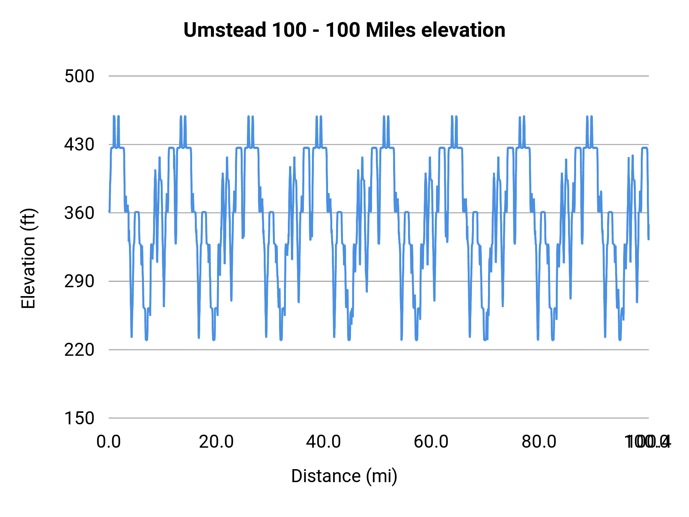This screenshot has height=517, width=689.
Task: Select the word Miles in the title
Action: point(390,30)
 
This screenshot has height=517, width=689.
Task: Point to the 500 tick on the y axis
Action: point(79,76)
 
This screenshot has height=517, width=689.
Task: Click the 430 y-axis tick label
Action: point(79,145)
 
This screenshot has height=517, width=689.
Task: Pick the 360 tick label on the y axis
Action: point(79,213)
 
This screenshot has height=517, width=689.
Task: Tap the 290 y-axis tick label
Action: point(79,281)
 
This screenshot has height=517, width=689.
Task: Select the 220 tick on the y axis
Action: point(79,350)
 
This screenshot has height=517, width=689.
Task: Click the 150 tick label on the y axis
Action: point(79,418)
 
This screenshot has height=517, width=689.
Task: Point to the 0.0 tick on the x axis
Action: point(109,442)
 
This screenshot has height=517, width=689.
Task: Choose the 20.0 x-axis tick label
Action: point(216,442)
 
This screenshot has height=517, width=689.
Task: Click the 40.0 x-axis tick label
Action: point(323,442)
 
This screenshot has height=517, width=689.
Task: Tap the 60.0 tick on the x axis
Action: point(431,442)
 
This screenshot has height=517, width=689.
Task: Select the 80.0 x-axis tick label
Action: point(539,442)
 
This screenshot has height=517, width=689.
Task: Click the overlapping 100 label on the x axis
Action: point(647,442)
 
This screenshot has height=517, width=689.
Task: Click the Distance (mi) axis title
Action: point(344,476)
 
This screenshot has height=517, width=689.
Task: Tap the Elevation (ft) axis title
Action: point(28,258)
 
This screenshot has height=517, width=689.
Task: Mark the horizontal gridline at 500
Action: point(379,76)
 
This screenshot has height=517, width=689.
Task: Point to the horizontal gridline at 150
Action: point(379,418)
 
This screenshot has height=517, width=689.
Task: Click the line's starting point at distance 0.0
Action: point(109,212)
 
